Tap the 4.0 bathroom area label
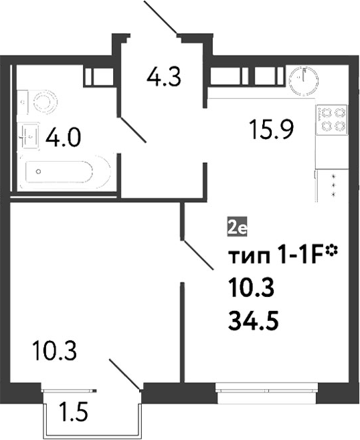pos(63,138)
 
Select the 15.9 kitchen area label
pos(272,129)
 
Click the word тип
pos(248,257)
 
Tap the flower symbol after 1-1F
pos(331,249)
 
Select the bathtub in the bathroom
pos(64,171)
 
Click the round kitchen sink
pos(304,81)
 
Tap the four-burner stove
pos(332,119)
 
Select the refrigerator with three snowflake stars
pos(331,185)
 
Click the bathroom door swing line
pos(132,130)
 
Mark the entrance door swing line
pos(161,17)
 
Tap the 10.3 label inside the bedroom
pos(54,350)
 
